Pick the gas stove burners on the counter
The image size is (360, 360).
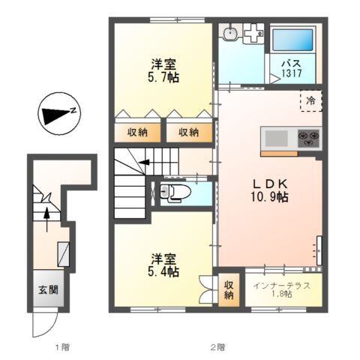308,138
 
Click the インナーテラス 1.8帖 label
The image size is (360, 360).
277,288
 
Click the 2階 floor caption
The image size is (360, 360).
217,346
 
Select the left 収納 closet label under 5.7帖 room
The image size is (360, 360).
136,132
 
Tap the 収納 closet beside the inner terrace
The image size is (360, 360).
229,289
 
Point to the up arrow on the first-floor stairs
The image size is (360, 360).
47,217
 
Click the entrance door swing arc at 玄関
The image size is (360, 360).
41,324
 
